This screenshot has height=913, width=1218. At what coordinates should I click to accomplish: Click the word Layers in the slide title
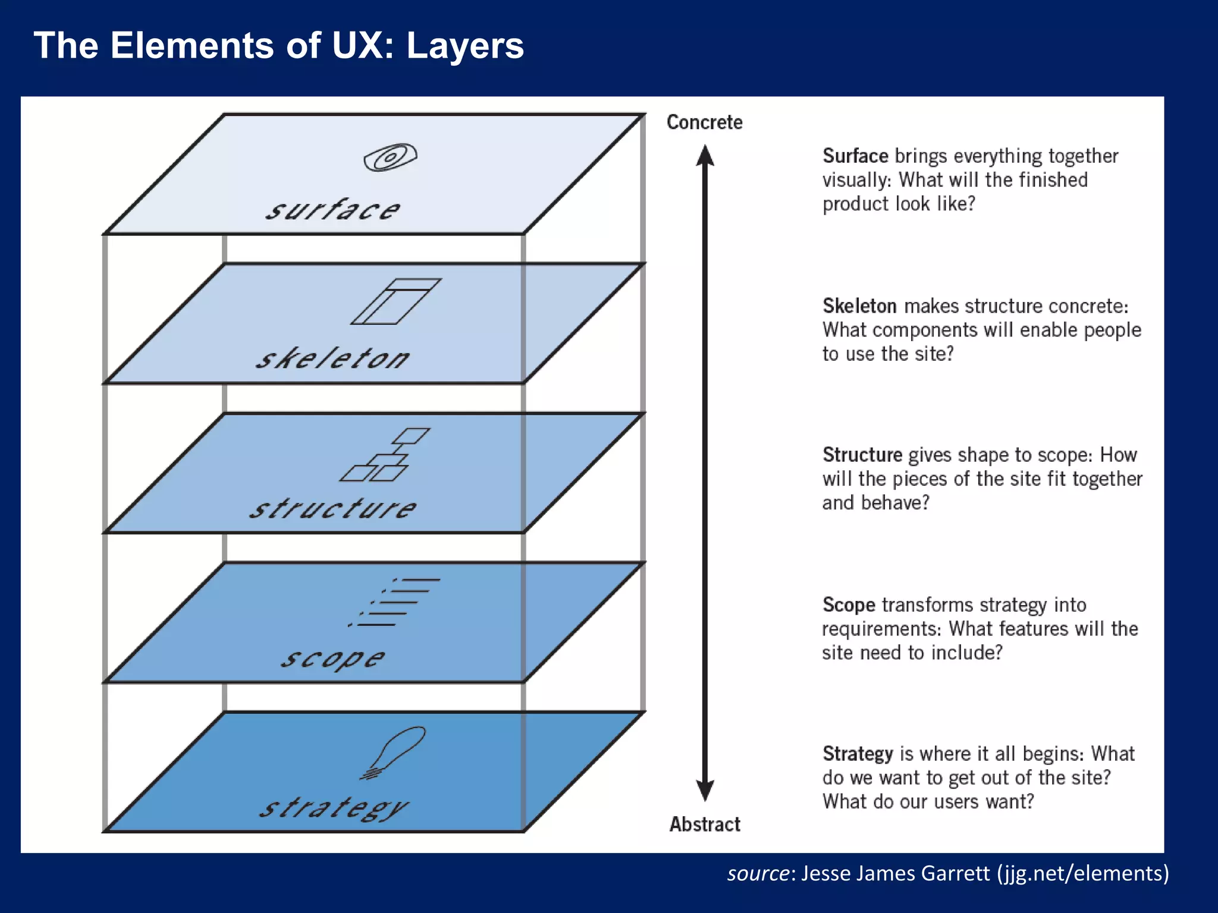pos(464,46)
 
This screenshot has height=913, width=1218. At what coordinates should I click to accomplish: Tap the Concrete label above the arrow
pos(704,122)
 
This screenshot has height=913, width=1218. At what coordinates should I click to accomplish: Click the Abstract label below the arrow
pos(705,824)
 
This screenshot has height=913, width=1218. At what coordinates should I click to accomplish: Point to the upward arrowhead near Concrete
pos(705,155)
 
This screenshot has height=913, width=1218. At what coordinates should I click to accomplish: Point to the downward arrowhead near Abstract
pos(705,790)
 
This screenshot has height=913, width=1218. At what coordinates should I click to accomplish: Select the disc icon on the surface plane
pos(390,158)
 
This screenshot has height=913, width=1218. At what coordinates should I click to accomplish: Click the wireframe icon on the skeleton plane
pos(395,301)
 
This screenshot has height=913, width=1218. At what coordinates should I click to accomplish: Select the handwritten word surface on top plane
pos(333,210)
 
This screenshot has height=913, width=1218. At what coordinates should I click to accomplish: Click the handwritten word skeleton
pos(333,358)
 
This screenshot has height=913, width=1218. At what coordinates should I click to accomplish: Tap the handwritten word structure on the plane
pos(333,508)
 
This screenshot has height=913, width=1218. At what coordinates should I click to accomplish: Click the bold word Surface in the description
pos(855,156)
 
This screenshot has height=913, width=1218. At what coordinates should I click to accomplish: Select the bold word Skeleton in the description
pos(859,306)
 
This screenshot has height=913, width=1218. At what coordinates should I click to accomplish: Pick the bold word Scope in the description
pos(849,605)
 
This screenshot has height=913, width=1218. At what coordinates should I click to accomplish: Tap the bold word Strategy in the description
pos(858,754)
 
